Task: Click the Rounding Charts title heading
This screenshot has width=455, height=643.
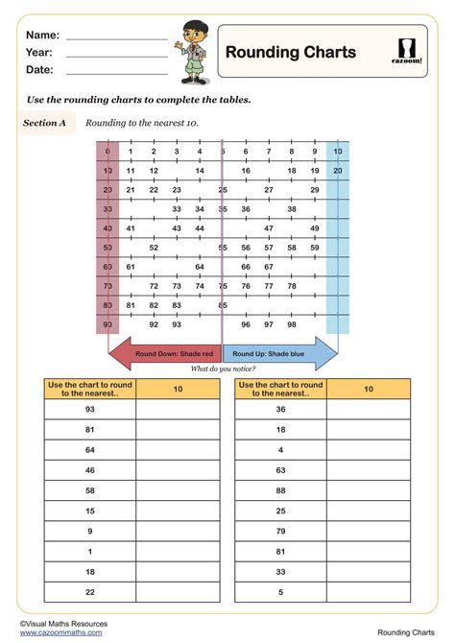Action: pyautogui.click(x=290, y=53)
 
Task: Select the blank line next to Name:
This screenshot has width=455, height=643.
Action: pyautogui.click(x=116, y=36)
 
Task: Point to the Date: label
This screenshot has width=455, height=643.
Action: pyautogui.click(x=39, y=70)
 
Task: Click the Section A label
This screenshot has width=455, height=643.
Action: pyautogui.click(x=46, y=123)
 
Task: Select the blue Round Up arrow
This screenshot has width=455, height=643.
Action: pyautogui.click(x=279, y=354)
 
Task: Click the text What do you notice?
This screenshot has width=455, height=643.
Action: pyautogui.click(x=223, y=369)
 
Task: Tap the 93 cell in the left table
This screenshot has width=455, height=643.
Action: pyautogui.click(x=89, y=409)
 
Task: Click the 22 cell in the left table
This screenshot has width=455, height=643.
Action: pyautogui.click(x=89, y=593)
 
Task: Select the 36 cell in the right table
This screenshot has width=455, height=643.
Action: pyautogui.click(x=280, y=409)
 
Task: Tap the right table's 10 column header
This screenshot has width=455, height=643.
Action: pyautogui.click(x=368, y=389)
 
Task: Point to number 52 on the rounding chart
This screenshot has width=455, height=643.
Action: pyautogui.click(x=154, y=247)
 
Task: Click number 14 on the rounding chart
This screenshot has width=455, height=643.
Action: pyautogui.click(x=200, y=171)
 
